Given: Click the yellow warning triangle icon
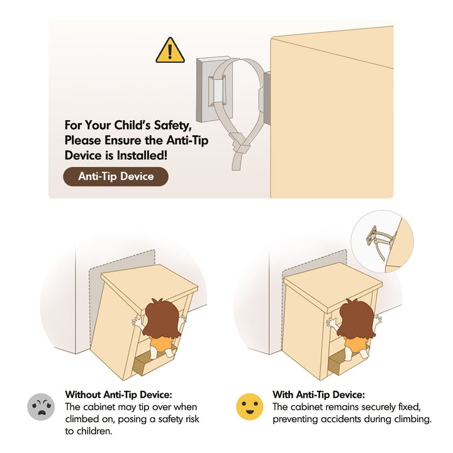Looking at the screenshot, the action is (x=170, y=51).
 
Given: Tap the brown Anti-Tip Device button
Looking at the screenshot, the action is (x=116, y=176).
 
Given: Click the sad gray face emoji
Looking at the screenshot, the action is (x=41, y=406).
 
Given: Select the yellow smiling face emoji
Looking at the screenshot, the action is (x=250, y=406).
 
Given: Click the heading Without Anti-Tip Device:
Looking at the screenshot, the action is (x=118, y=394).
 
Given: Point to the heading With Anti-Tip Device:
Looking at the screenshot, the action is (x=318, y=394).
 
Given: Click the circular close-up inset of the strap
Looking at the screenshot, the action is (x=383, y=241).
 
